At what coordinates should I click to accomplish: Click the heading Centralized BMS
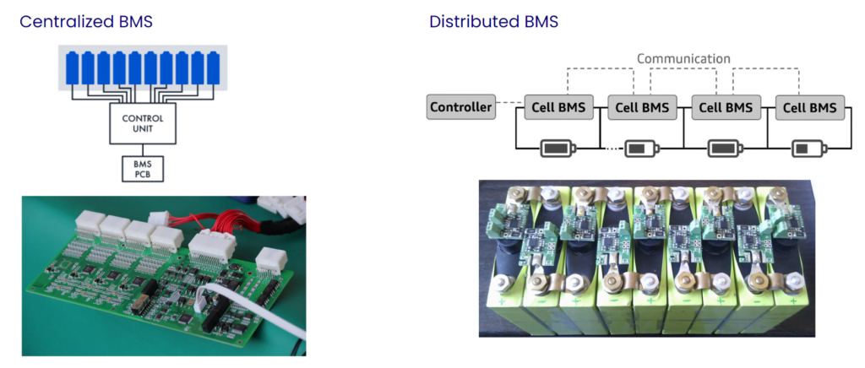click(x=86, y=22)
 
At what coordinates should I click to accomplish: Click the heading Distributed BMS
click(x=493, y=22)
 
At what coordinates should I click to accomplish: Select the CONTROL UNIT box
click(x=142, y=125)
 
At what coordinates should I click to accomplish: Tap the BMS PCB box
click(x=142, y=168)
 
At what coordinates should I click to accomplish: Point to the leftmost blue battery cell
click(x=73, y=67)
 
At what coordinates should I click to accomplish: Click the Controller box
click(x=460, y=107)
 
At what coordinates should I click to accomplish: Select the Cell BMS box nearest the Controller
click(x=558, y=107)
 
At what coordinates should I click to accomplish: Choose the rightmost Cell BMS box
click(x=809, y=107)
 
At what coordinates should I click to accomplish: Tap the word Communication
click(x=683, y=59)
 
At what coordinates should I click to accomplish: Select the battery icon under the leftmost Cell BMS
click(x=558, y=149)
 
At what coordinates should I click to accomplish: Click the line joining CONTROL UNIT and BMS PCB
click(x=142, y=149)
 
